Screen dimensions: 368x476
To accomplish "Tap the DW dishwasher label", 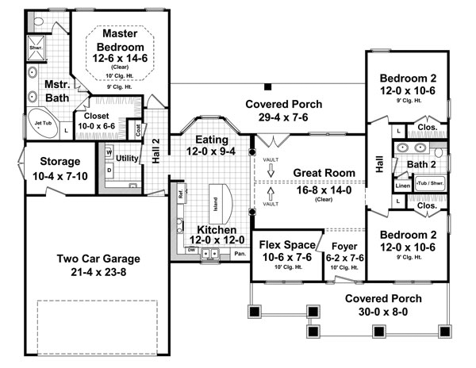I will point(191,250).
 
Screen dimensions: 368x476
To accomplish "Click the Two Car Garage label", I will point(98,265).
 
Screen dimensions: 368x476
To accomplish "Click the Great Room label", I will point(323,172).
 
